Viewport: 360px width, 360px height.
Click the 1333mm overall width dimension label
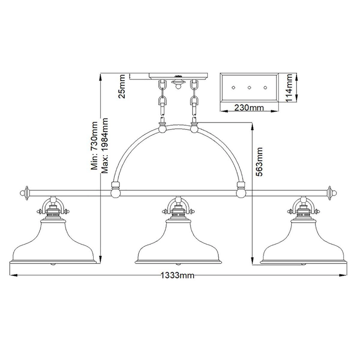point(177,275)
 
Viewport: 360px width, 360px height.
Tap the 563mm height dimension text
point(259,162)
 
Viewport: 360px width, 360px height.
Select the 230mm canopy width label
point(249,108)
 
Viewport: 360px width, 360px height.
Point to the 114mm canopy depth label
point(289,88)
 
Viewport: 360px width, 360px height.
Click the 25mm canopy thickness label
point(121,86)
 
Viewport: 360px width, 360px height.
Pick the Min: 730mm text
point(94,146)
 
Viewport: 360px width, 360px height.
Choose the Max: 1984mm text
point(105,145)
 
